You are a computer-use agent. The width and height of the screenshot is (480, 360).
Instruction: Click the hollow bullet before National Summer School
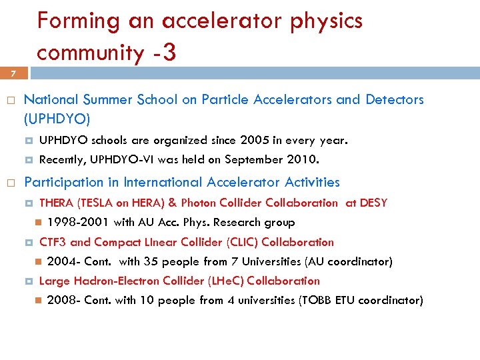10,101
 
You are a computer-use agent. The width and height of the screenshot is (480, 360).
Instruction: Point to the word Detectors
394,100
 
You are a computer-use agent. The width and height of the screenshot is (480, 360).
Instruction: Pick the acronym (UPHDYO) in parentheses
57,119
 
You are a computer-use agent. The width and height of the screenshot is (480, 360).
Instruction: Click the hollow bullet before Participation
10,183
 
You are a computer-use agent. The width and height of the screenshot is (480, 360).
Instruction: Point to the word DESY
373,203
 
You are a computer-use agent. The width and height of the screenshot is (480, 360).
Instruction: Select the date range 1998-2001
79,222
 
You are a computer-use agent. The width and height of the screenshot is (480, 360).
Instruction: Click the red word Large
53,281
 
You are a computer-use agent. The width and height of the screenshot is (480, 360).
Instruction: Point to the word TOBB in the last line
316,300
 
